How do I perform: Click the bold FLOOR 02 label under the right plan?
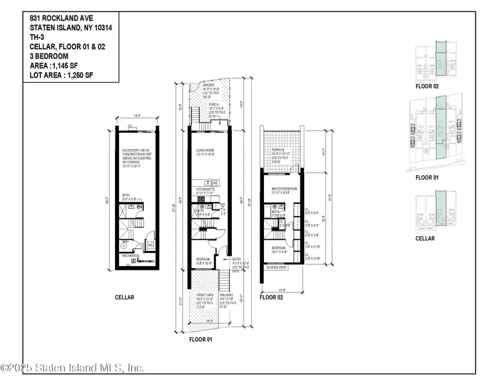tap(271, 297)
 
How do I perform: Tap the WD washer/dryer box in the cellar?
tap(151, 244)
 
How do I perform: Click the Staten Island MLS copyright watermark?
tap(72, 368)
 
